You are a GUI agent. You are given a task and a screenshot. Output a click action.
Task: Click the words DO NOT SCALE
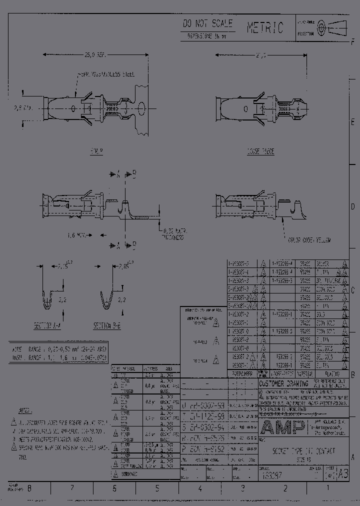pyautogui.click(x=208, y=23)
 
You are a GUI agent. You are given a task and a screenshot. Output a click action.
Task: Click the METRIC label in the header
pyautogui.click(x=265, y=27)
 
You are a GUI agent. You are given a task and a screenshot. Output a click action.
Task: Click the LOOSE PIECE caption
pyautogui.click(x=260, y=151)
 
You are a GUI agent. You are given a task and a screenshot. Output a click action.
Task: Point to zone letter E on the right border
pyautogui.click(x=353, y=122)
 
